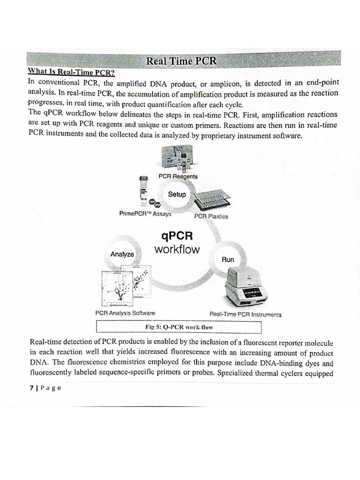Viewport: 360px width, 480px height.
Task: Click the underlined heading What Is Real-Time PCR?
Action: [x=71, y=72]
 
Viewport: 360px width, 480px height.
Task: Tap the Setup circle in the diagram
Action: [x=177, y=195]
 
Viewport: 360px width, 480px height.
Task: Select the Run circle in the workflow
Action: [x=228, y=259]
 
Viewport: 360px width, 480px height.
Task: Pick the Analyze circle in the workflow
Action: [x=122, y=254]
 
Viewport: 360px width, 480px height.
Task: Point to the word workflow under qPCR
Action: [x=177, y=249]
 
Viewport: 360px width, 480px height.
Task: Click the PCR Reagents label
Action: [x=178, y=176]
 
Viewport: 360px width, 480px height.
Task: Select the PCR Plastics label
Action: [x=211, y=217]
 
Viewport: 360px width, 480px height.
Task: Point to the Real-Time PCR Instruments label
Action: [x=245, y=314]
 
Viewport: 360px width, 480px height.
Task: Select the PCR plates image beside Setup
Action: [x=213, y=199]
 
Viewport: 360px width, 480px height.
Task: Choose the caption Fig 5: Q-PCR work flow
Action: [x=180, y=326]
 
